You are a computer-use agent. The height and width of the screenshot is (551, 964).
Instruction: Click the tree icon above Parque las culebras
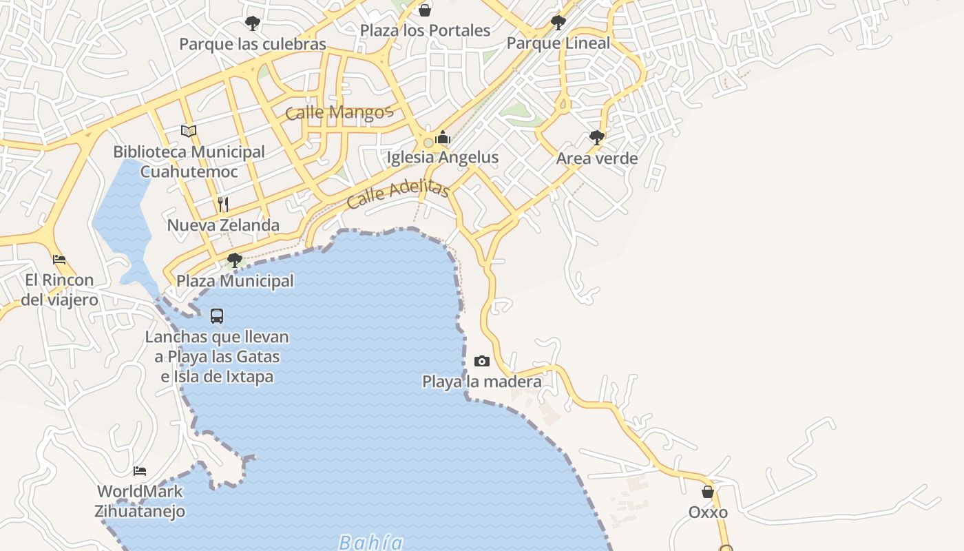[x=253, y=23]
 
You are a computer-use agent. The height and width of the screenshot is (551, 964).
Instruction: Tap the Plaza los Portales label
[x=425, y=31]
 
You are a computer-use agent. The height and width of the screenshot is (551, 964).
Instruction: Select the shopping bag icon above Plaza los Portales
[x=425, y=10]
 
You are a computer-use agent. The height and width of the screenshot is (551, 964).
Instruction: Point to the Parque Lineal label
[x=558, y=43]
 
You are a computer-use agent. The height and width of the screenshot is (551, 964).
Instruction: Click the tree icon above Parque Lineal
[x=558, y=23]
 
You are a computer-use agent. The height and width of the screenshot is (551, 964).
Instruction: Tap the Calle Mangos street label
[x=339, y=112]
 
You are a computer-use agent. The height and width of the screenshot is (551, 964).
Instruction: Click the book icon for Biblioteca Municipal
[x=189, y=131]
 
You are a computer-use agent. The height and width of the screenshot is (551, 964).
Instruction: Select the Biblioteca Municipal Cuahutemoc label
[x=189, y=162]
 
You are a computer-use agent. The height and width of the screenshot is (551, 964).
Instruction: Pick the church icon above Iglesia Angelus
[x=443, y=137]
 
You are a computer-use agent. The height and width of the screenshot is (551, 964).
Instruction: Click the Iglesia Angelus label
[x=442, y=158]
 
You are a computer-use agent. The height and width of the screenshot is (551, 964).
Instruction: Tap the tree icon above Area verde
[x=597, y=138]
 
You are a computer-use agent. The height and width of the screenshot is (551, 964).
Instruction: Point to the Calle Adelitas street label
[x=398, y=194]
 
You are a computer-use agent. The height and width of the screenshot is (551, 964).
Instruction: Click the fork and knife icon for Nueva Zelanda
[x=223, y=205]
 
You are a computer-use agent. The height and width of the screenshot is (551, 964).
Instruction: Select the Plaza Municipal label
[x=235, y=281]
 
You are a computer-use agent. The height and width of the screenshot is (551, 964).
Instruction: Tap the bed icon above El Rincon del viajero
[x=59, y=260]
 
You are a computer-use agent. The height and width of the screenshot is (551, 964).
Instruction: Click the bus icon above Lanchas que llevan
[x=217, y=316]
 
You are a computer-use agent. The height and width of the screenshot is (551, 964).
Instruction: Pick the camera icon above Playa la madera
[x=482, y=361]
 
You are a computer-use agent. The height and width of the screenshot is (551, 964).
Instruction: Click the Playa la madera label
[x=481, y=382]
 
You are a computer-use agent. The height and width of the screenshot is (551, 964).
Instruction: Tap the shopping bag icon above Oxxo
[x=708, y=492]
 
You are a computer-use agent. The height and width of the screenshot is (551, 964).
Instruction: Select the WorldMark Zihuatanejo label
[x=140, y=501]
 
